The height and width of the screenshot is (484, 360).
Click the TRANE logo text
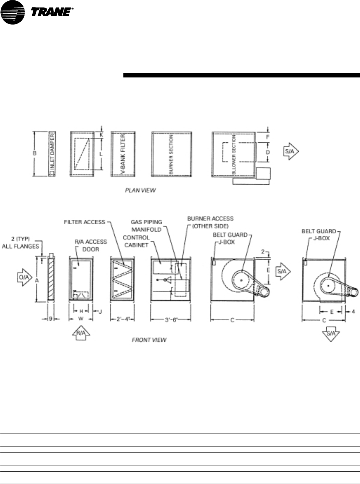click(x=52, y=13)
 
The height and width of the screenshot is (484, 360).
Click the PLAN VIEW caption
click(x=140, y=190)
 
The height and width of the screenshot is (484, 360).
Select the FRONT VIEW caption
click(x=149, y=340)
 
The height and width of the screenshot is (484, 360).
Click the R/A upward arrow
click(x=81, y=333)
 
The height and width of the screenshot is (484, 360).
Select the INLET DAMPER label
click(x=52, y=154)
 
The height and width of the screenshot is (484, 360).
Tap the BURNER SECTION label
click(x=171, y=154)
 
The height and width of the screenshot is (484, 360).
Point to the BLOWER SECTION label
click(x=234, y=154)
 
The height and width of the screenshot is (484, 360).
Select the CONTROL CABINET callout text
click(x=136, y=241)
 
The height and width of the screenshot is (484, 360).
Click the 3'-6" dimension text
click(x=171, y=320)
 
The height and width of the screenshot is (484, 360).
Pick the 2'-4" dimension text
click(x=123, y=320)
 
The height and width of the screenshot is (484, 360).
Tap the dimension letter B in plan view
click(x=34, y=154)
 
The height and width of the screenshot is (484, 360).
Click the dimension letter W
click(x=81, y=319)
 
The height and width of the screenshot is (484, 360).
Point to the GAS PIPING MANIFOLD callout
click(x=147, y=226)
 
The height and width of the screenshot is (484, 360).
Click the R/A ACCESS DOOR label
click(x=90, y=245)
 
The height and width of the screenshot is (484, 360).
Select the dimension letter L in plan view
click(x=101, y=154)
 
